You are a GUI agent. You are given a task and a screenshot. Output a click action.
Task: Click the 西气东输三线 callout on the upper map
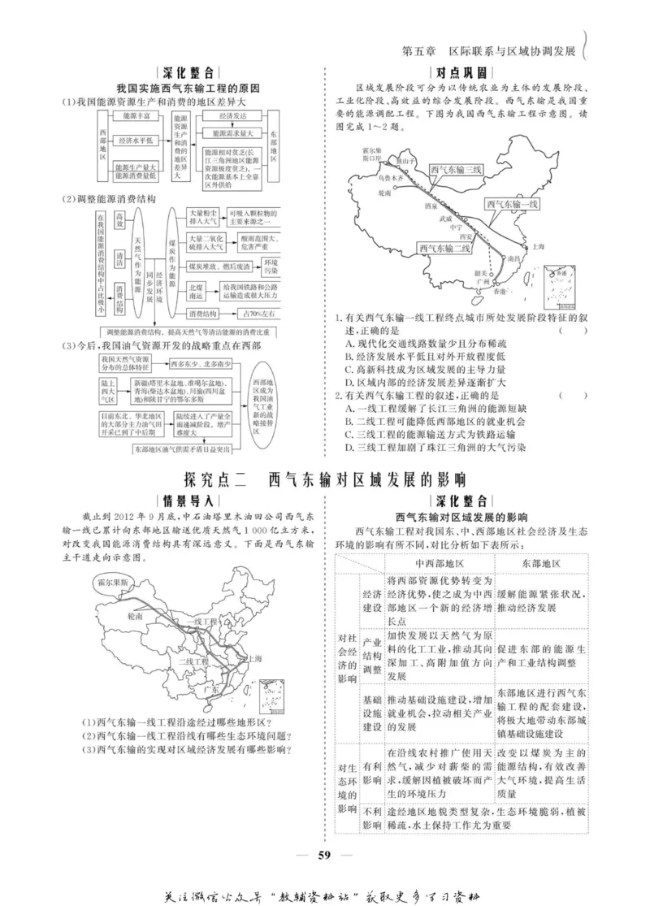(456, 171)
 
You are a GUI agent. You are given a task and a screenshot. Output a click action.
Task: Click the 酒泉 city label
(431, 206)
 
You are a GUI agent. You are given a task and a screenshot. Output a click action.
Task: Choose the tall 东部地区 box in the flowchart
(273, 149)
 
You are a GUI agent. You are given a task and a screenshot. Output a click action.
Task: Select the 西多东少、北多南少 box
(204, 363)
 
